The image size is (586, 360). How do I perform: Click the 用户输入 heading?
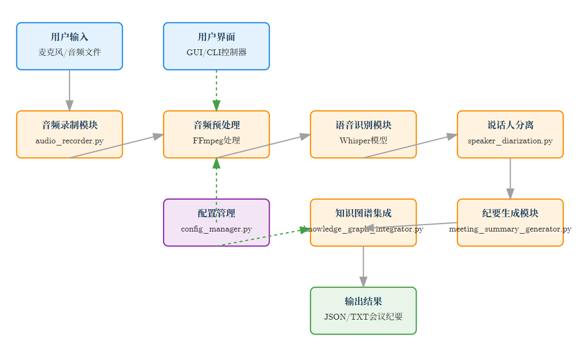[x=70, y=37]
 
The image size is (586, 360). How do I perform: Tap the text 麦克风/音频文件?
[x=70, y=53]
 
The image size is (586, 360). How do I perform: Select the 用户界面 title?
[x=216, y=37]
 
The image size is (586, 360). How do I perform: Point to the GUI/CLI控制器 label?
[x=216, y=53]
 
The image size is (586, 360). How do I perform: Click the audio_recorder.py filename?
[x=70, y=141]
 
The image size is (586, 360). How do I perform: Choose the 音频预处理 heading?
[x=216, y=125]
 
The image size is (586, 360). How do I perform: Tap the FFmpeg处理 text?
[x=216, y=141]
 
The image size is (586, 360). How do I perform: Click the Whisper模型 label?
[x=363, y=141]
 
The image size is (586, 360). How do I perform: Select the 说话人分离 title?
[x=510, y=125]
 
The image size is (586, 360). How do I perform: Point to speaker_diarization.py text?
[x=510, y=141]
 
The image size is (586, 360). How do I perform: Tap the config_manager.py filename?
[x=216, y=229]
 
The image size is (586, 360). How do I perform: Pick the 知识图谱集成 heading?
[x=363, y=213]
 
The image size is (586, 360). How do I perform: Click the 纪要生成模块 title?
[x=510, y=213]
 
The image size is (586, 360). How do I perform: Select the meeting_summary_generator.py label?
[x=510, y=229]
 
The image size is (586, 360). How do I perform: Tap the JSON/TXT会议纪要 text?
[x=363, y=317]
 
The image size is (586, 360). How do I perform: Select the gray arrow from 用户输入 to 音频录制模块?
[x=70, y=89]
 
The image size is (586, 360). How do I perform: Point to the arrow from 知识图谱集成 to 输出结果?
[x=363, y=265]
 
